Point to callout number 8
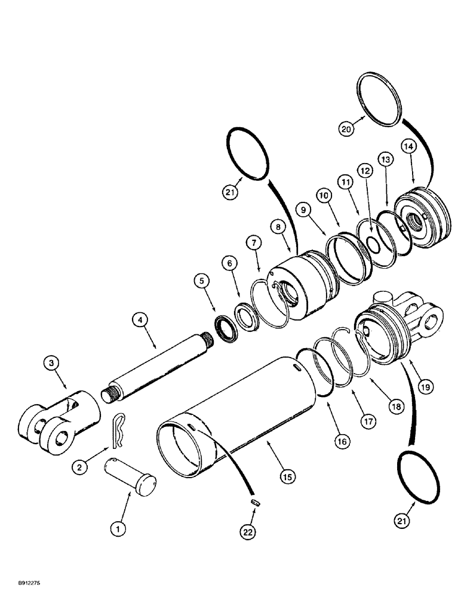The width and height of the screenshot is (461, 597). pyautogui.click(x=278, y=227)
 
